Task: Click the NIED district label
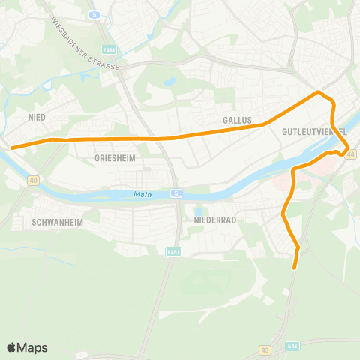click(37, 117)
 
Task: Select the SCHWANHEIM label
click(57, 223)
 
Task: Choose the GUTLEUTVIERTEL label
click(315, 131)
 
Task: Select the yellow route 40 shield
click(33, 180)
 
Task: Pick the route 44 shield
click(350, 153)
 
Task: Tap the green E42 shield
click(293, 346)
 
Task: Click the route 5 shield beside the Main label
click(174, 193)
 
